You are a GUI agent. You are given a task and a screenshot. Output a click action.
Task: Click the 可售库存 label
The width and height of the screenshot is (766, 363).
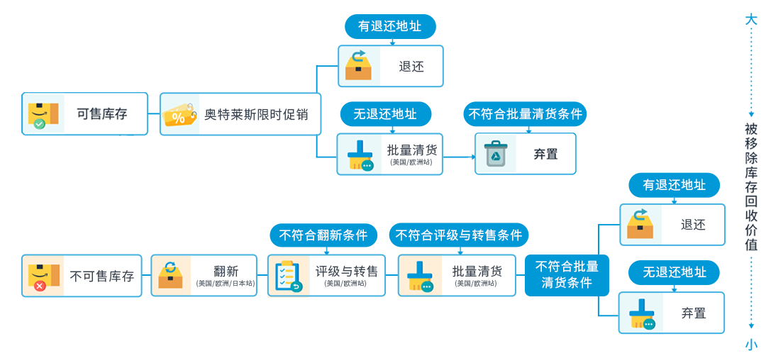pos(102,113)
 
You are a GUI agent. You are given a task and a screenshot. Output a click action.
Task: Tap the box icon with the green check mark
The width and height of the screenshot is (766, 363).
pos(43,114)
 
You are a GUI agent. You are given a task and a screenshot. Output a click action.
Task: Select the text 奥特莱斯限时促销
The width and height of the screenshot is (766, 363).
pos(256,114)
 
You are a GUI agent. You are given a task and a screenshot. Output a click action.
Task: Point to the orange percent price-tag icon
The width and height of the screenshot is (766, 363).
pos(180,115)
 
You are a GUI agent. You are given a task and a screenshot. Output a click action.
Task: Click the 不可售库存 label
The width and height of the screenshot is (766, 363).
pos(102,276)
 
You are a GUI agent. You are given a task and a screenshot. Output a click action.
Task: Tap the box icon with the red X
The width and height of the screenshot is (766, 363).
pos(43,276)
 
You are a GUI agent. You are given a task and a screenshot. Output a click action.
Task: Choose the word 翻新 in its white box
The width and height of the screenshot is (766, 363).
pos(226,271)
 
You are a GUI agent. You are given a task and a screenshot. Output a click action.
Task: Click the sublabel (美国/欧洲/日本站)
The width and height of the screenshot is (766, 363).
pos(225,284)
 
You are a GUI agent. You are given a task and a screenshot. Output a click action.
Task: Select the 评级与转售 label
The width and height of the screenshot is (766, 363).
pos(347,271)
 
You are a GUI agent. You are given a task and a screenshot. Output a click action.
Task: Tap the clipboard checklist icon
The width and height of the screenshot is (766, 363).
pos(288,276)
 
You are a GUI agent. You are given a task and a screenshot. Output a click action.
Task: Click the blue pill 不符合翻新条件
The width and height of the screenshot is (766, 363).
pos(323,235)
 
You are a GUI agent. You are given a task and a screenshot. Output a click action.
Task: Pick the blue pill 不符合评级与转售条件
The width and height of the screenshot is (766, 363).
pos(459,235)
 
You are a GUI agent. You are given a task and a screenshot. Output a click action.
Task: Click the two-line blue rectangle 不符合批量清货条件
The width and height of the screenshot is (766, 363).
pos(567,275)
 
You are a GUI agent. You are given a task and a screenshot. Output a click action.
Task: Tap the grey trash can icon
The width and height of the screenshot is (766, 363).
pos(496,154)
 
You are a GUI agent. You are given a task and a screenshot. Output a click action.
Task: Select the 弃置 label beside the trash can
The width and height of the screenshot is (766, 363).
pos(545,154)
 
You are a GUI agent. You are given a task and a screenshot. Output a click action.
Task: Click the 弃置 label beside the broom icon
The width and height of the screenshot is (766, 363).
pos(694,313)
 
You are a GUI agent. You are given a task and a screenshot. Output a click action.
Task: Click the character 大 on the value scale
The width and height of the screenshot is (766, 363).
pos(751,19)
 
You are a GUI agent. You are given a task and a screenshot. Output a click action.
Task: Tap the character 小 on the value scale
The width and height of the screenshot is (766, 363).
pos(751,345)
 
